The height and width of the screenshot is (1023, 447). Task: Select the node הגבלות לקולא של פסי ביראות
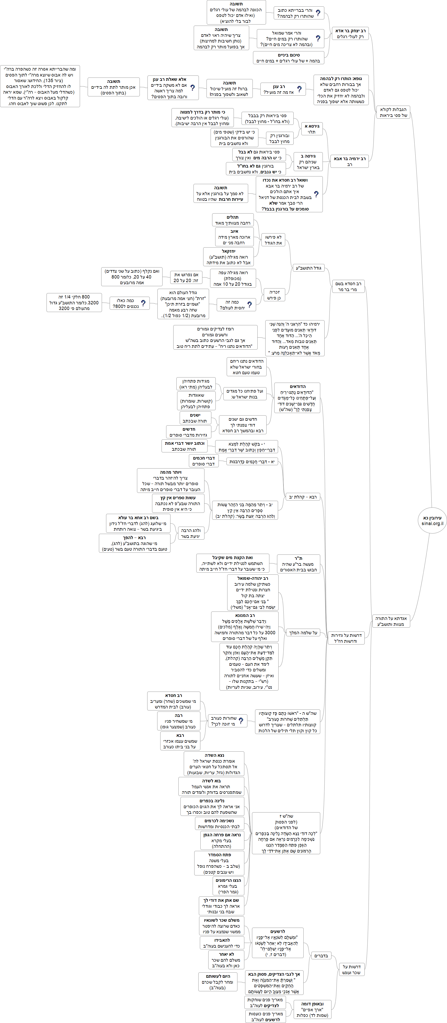click(393, 112)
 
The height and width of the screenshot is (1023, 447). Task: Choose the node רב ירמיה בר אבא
click(349, 161)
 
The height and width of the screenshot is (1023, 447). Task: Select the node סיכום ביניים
click(289, 58)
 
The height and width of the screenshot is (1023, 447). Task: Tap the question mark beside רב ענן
click(299, 89)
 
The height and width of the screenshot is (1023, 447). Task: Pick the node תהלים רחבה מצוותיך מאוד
click(232, 220)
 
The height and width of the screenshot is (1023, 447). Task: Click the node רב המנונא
click(245, 627)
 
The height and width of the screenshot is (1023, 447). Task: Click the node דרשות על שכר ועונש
click(351, 969)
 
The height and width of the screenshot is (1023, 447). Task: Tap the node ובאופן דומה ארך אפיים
click(312, 1009)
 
